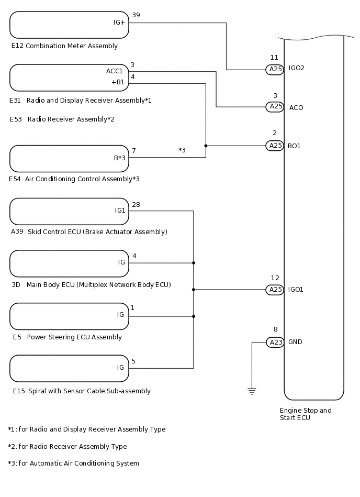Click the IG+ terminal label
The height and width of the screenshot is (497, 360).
[x=119, y=23]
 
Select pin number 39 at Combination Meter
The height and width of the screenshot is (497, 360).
[x=136, y=15]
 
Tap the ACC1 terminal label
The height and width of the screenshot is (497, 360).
[x=115, y=71]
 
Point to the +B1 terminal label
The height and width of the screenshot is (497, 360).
[x=118, y=82]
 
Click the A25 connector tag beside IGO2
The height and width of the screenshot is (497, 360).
[x=275, y=70]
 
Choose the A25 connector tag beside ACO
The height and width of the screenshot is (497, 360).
[x=275, y=107]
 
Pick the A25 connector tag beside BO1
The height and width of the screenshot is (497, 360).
[x=275, y=146]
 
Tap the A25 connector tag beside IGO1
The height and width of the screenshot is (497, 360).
[x=275, y=290]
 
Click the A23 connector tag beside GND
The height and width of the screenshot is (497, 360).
[x=275, y=342]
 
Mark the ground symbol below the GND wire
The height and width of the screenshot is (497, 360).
[x=252, y=391]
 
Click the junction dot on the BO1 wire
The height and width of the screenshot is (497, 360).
[x=206, y=146]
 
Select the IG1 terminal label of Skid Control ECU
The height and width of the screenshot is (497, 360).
[x=120, y=211]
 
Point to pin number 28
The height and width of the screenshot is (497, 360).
[x=136, y=204]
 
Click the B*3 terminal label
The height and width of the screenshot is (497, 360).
[x=120, y=158]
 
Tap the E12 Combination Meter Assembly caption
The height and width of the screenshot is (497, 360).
[x=64, y=46]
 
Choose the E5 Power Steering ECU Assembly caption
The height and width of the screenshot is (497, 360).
[x=67, y=337]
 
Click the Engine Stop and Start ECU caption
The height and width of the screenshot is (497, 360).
[x=306, y=414]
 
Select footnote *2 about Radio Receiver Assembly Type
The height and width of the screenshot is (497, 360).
[x=67, y=447]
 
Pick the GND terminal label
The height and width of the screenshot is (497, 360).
[x=295, y=342]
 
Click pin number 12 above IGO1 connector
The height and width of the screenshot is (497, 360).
[x=275, y=278]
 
